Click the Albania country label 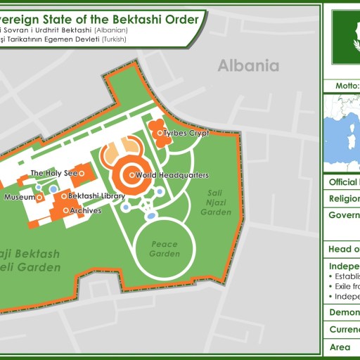click(248, 66)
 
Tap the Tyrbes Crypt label click(187, 133)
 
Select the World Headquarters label click(172, 174)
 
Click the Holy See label click(53, 172)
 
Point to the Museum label click(20, 198)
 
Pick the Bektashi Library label click(97, 195)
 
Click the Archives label click(86, 210)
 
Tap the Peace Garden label click(165, 250)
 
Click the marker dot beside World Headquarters click(131, 174)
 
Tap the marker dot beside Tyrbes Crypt click(160, 133)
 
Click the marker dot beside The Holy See click(82, 172)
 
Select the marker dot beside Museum click(40, 198)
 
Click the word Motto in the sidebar click(345, 86)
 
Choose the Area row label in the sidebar click(340, 347)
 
